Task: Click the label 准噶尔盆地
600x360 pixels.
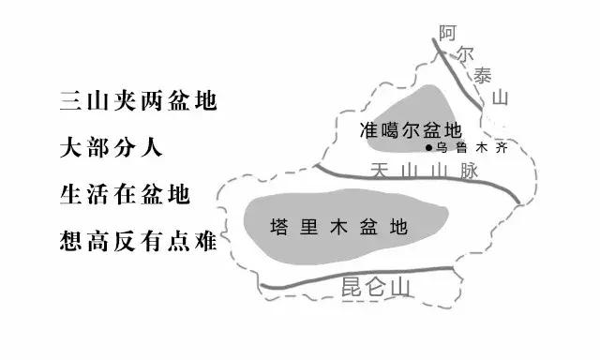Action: [x=411, y=130]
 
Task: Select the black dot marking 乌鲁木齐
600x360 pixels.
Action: [x=429, y=148]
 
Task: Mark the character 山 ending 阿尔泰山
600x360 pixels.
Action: [x=502, y=97]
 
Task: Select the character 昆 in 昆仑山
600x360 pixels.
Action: [x=350, y=284]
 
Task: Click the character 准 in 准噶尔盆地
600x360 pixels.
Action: [x=369, y=130]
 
